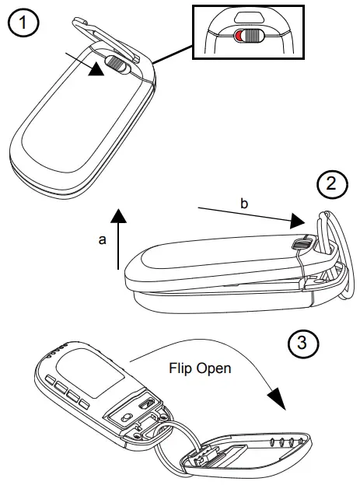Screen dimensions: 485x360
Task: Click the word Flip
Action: tap(183, 368)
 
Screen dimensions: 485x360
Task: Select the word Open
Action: tap(215, 368)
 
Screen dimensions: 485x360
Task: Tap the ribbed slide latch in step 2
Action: tap(301, 245)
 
